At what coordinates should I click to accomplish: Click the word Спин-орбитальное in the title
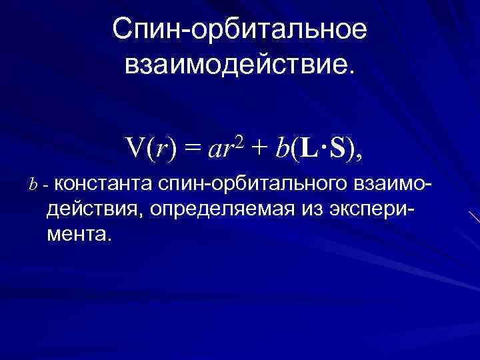tap(239, 30)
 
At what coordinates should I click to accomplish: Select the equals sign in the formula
tap(193, 151)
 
